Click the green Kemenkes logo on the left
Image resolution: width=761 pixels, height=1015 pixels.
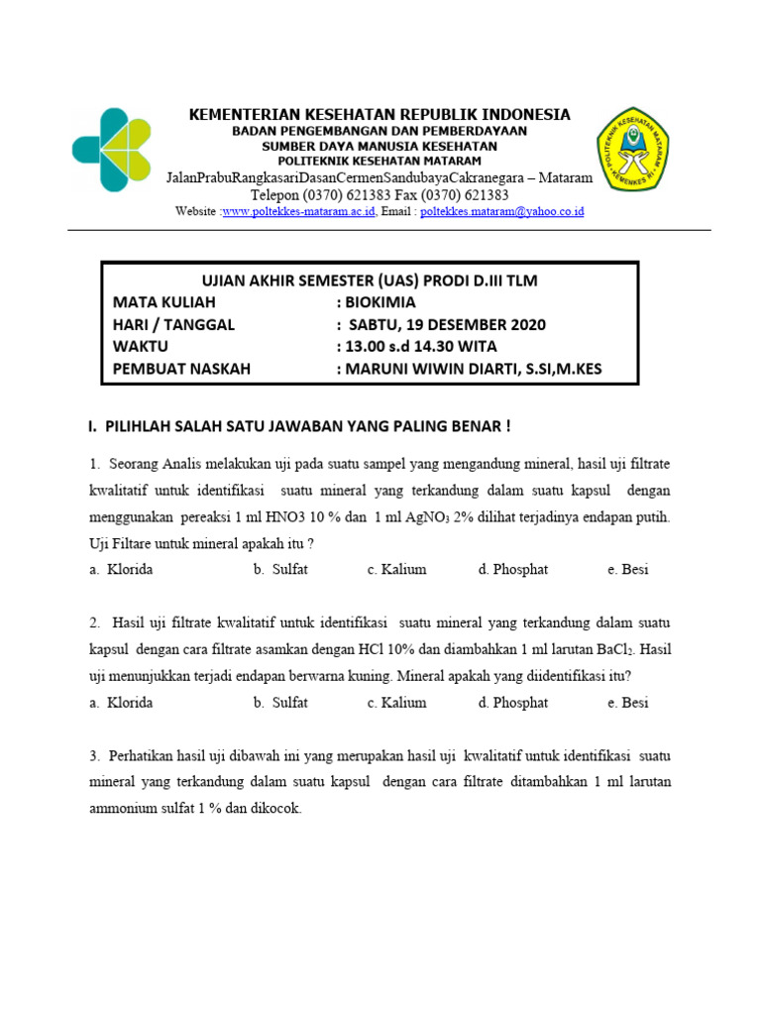pyautogui.click(x=112, y=150)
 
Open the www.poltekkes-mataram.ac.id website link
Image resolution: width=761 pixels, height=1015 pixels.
pyautogui.click(x=298, y=212)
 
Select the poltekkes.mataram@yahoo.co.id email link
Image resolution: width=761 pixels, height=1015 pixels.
pyautogui.click(x=502, y=212)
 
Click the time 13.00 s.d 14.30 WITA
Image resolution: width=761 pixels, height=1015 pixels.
pyautogui.click(x=422, y=347)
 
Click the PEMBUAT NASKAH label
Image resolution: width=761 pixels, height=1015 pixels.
pyautogui.click(x=181, y=370)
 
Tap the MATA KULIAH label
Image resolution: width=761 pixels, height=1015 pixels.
pyautogui.click(x=163, y=302)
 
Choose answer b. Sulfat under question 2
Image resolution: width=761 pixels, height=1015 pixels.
pyautogui.click(x=280, y=703)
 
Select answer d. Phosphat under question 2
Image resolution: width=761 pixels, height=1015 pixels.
pyautogui.click(x=512, y=703)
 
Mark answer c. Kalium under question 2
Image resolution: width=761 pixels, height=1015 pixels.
pyautogui.click(x=396, y=703)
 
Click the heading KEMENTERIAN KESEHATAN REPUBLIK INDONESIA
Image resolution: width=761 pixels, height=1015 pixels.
pyautogui.click(x=380, y=115)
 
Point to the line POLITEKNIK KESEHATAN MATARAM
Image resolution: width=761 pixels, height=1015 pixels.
pyautogui.click(x=380, y=161)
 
